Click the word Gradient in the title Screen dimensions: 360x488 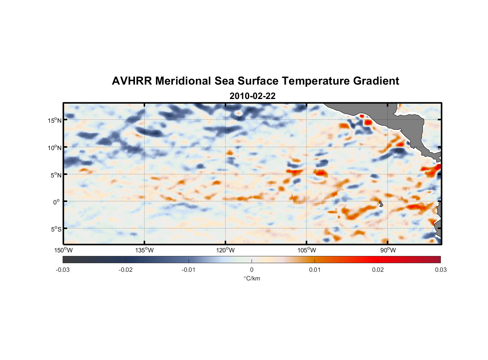click(376, 81)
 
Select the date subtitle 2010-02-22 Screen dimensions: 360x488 click(253, 96)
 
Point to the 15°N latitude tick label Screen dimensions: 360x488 click(55, 120)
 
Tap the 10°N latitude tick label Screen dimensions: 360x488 click(55, 148)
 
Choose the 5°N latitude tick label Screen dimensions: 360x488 click(56, 175)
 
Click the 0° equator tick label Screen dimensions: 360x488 click(57, 202)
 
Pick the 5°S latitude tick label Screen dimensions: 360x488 click(56, 229)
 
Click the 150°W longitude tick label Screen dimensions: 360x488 click(63, 250)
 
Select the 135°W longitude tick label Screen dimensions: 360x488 click(144, 250)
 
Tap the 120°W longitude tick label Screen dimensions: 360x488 click(225, 250)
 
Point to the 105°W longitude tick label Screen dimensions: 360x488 click(307, 250)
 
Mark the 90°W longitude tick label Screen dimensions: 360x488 click(388, 250)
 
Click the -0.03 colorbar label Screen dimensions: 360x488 click(63, 270)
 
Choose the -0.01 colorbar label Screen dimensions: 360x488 click(189, 270)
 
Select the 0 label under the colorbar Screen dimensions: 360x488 click(252, 270)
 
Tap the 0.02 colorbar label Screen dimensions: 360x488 click(378, 270)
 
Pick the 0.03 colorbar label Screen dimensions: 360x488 click(440, 270)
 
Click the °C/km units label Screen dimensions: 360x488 click(252, 278)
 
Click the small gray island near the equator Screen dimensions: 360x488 click(381, 204)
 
